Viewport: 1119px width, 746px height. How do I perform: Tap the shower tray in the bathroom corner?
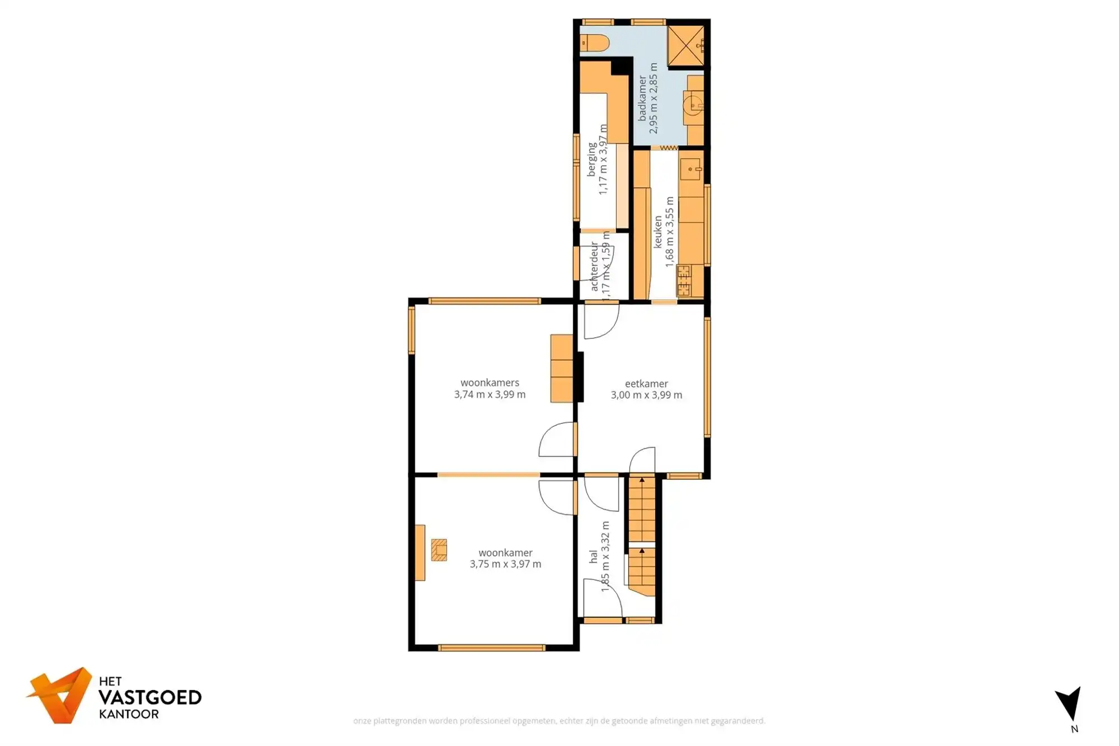(686, 45)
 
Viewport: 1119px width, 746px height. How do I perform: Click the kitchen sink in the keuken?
(690, 168)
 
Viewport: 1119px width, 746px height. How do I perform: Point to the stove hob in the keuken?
(684, 281)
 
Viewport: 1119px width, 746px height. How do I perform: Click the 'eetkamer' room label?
(646, 384)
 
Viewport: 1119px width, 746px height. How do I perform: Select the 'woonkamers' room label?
(490, 383)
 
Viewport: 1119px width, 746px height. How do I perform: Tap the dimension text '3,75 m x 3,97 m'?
(505, 564)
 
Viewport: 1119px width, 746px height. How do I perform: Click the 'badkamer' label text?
(642, 98)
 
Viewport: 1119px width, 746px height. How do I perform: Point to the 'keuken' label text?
(658, 232)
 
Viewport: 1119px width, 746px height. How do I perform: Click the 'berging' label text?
(591, 160)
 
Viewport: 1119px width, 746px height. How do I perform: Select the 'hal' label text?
(593, 556)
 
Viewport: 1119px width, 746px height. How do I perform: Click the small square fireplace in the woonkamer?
(439, 550)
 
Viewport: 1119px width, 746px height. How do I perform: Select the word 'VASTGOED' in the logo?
(149, 697)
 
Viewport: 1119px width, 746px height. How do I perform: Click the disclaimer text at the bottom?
(559, 721)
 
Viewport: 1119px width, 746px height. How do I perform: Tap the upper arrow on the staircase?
(642, 480)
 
